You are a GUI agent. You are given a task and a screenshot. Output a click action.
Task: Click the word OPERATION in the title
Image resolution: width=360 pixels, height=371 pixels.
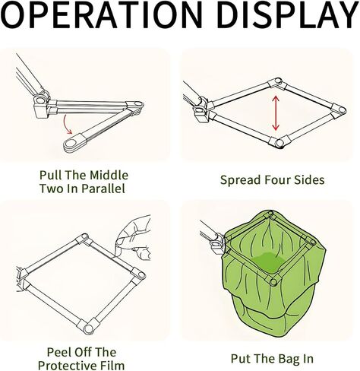click(102, 14)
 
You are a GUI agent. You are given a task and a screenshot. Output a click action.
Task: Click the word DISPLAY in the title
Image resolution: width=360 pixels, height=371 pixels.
click(287, 14)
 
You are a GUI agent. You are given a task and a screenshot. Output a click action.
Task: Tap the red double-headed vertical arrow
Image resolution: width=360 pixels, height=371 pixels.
click(276, 113)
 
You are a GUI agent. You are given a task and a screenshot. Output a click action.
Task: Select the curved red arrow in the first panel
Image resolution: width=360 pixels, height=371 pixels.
click(67, 125)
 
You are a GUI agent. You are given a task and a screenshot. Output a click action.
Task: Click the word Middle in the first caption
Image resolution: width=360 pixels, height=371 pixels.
click(109, 175)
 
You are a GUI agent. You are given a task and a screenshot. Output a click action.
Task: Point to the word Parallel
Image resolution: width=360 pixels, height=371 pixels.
click(103, 189)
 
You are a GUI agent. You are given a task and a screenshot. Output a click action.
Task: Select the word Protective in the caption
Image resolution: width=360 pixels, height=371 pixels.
click(68, 366)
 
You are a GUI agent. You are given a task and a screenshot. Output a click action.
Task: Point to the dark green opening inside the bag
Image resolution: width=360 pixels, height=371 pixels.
click(268, 262)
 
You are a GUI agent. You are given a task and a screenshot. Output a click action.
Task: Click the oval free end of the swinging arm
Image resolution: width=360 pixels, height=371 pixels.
click(73, 144)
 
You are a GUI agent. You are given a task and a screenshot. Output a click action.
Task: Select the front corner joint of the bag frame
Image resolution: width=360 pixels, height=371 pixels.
click(273, 281)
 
